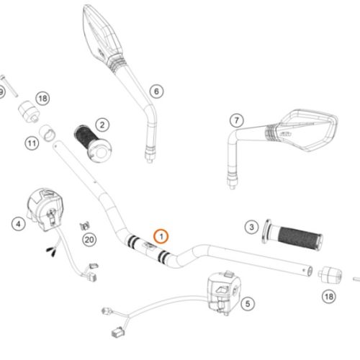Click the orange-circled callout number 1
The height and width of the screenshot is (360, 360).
[161, 236]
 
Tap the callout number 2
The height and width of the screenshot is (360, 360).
[102, 125]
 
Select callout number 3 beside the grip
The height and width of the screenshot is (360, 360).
[251, 227]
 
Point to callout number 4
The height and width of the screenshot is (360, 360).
[19, 224]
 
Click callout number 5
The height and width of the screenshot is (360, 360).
[248, 304]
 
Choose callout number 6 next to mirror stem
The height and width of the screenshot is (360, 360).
[156, 91]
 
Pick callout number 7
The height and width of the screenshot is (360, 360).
[237, 120]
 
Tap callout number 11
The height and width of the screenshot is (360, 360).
[32, 143]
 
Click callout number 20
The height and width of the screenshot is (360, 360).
[89, 240]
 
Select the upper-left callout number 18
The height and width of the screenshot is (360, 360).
[42, 99]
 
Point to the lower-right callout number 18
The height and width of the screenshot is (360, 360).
[329, 297]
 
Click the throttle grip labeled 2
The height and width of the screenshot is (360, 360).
[93, 143]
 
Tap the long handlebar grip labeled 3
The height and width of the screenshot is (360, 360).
[292, 235]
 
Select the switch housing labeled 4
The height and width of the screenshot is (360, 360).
[45, 209]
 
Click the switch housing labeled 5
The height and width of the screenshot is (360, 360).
[224, 292]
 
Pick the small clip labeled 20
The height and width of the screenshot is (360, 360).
[84, 225]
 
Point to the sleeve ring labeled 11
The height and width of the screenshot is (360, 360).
[47, 132]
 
